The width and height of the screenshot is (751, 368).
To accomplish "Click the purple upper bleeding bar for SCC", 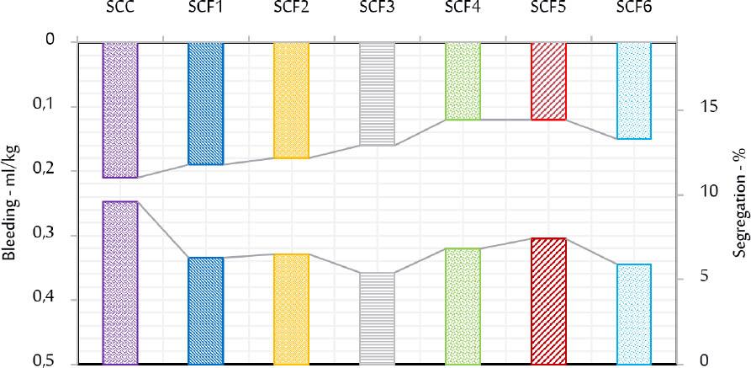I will (x=119, y=109).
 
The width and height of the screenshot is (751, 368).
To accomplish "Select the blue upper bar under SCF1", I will (x=205, y=103).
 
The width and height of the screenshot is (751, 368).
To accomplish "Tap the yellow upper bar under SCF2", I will (x=291, y=99).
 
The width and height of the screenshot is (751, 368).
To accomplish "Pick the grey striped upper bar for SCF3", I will (x=377, y=93).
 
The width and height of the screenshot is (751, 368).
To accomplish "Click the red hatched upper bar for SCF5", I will (x=548, y=80).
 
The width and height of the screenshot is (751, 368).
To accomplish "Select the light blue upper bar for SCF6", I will (x=634, y=89).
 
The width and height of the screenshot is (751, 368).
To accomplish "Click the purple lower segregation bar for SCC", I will (x=119, y=282).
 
